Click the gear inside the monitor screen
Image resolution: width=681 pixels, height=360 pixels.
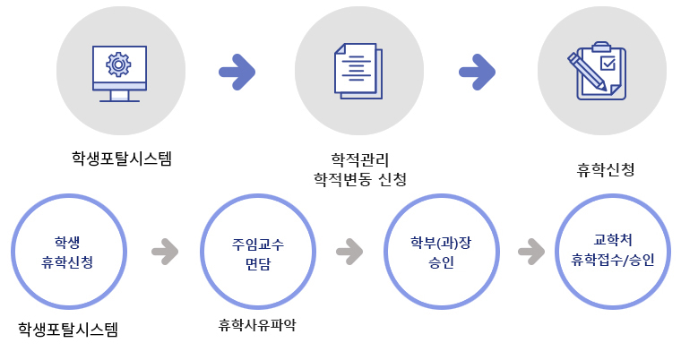pyautogui.click(x=118, y=64)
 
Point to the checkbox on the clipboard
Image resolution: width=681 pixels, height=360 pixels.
pyautogui.click(x=608, y=64)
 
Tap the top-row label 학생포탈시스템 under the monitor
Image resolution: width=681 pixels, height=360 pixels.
pyautogui.click(x=121, y=159)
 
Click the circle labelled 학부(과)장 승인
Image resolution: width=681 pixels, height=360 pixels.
pyautogui.click(x=440, y=252)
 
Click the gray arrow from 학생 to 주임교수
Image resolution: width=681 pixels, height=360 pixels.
pyautogui.click(x=165, y=251)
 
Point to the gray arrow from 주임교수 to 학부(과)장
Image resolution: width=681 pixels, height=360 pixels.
pyautogui.click(x=349, y=251)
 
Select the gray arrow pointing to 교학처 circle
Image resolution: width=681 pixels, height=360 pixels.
pyautogui.click(x=532, y=251)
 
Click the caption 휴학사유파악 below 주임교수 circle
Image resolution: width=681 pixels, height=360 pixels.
pyautogui.click(x=256, y=324)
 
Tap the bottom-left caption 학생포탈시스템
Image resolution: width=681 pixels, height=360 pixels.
pyautogui.click(x=67, y=330)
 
